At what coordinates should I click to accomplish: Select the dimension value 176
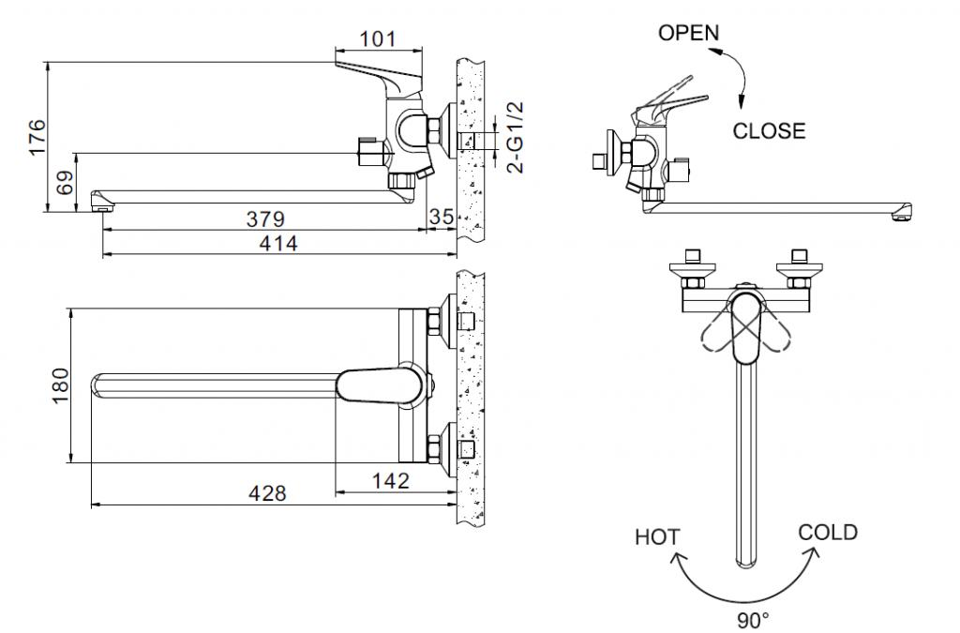tap(37, 137)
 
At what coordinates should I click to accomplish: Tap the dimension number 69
tap(65, 183)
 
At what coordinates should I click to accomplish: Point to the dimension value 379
tap(266, 219)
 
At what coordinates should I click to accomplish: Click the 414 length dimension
tap(278, 243)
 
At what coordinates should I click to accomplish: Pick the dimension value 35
tap(442, 218)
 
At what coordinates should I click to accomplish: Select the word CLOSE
tap(769, 131)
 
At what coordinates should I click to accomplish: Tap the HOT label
tap(657, 537)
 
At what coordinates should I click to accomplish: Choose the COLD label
tap(828, 533)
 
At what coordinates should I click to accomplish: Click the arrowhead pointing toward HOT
tap(677, 561)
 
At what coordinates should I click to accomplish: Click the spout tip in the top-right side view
tap(903, 214)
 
